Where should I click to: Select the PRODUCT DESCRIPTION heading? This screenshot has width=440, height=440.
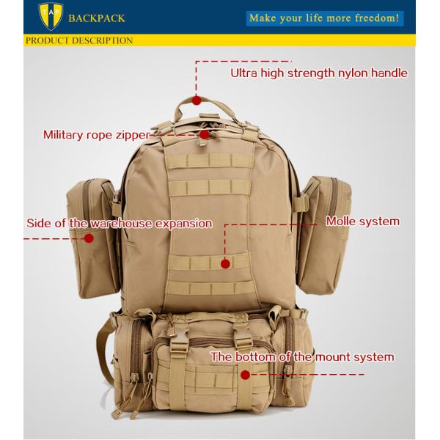[79, 40]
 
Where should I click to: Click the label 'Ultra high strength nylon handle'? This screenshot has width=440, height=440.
[319, 73]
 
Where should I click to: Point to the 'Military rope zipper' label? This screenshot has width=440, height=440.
[96, 134]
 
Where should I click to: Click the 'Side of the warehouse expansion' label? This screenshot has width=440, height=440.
[120, 223]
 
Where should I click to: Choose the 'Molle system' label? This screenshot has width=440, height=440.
[363, 221]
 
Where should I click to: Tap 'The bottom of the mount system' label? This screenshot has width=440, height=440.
[302, 357]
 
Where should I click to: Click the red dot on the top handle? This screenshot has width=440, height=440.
[197, 100]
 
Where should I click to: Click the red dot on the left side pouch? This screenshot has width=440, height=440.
[89, 238]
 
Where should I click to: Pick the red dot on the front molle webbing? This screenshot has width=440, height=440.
[225, 262]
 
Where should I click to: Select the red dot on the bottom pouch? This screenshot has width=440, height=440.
[244, 375]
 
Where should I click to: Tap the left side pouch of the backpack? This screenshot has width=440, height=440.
[89, 220]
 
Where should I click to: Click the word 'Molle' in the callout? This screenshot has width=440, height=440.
[342, 221]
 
